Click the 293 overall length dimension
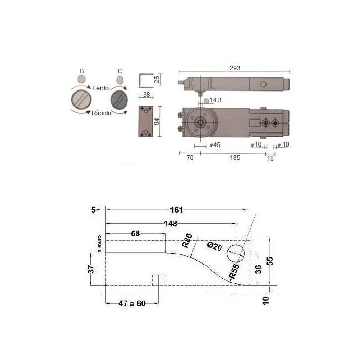coord(235,68)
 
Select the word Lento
coord(101,88)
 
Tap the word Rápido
coord(101,113)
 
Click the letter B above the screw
coord(82,71)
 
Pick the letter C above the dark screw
coord(120,71)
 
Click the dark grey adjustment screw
coord(119,100)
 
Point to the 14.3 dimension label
coord(215,100)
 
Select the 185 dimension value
coord(235,158)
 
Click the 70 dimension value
coord(190,158)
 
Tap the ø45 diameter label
coord(215,145)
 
